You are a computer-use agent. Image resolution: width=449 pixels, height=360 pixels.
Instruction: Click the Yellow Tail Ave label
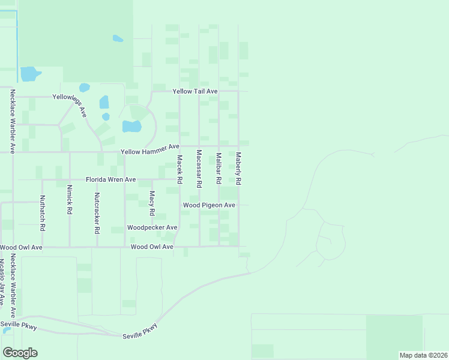[194, 91]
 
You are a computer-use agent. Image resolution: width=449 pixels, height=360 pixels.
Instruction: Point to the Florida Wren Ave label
[111, 179]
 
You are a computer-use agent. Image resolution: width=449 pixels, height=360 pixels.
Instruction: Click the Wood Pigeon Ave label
[209, 205]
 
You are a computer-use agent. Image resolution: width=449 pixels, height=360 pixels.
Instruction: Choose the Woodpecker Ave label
[152, 228]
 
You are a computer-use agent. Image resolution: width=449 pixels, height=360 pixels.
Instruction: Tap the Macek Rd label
[179, 170]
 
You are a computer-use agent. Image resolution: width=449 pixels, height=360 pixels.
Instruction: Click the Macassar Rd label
[199, 167]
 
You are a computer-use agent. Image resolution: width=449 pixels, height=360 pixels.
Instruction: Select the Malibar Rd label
[218, 169]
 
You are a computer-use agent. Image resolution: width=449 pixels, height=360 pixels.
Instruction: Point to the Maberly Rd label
[238, 168]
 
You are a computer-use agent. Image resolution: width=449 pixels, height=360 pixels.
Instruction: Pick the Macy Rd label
[152, 203]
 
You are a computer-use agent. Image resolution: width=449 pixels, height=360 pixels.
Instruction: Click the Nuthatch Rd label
[42, 214]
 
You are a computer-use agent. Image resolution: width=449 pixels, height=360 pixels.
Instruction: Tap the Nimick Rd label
[70, 200]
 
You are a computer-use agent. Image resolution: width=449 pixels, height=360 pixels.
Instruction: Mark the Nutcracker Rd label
[97, 213]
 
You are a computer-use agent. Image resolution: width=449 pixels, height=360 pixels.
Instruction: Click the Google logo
[20, 353]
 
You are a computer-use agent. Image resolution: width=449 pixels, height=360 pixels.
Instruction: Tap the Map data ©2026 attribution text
[423, 355]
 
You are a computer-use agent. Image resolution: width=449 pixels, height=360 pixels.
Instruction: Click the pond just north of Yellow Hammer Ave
[131, 127]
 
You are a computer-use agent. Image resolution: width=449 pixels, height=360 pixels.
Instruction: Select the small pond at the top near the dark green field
[118, 39]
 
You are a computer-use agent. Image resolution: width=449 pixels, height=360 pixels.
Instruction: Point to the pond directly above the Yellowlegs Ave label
[84, 88]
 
